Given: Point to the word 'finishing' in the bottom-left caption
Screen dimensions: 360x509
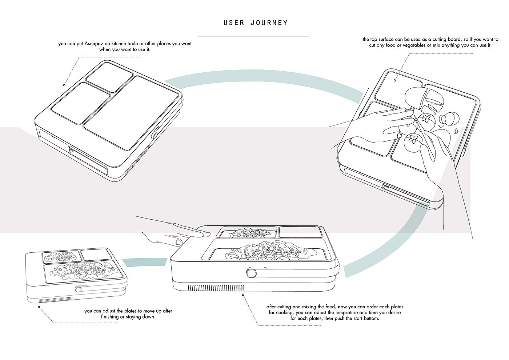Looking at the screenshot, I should point(110,317).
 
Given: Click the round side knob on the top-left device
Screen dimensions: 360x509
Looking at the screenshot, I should point(155,135).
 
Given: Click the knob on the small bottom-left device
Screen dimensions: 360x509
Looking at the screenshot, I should point(78,289).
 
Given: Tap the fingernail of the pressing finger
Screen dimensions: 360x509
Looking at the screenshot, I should point(177,241).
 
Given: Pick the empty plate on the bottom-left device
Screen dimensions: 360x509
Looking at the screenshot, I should point(92,255).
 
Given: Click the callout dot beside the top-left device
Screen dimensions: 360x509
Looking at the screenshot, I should point(64,85).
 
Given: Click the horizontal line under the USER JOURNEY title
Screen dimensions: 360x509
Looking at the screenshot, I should point(253,36).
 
